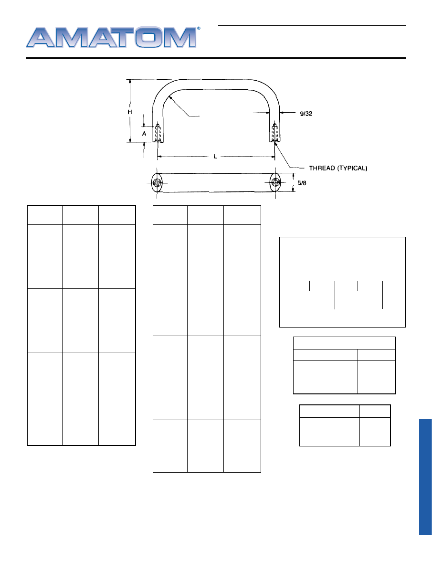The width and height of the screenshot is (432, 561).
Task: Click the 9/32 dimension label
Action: (x=306, y=114)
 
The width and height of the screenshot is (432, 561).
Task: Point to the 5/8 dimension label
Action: (x=302, y=183)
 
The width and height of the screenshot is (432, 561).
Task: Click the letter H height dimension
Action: (x=130, y=112)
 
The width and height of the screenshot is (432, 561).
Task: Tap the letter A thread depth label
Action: (x=144, y=134)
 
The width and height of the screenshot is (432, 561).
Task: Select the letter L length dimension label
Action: (x=215, y=156)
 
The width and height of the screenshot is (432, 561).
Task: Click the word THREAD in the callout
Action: (x=322, y=168)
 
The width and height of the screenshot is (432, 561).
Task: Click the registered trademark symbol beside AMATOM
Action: (x=199, y=28)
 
